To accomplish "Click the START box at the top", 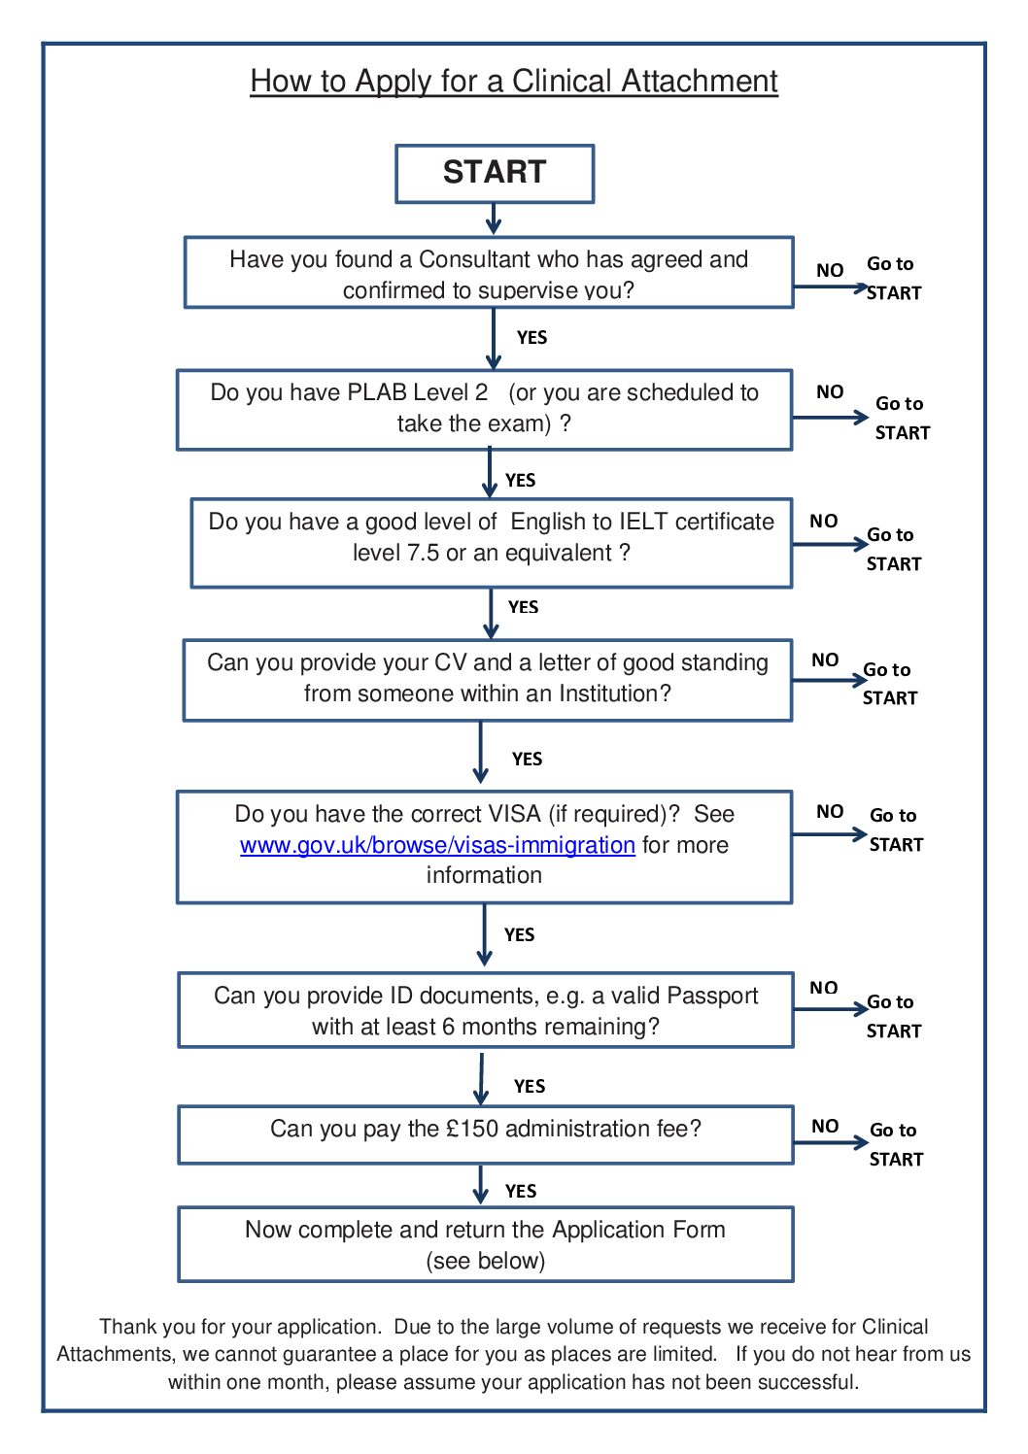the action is pyautogui.click(x=495, y=173).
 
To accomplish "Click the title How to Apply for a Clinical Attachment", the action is pyautogui.click(x=514, y=82).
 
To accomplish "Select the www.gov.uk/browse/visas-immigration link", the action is pyautogui.click(x=437, y=845).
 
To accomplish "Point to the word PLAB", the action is pyautogui.click(x=377, y=392).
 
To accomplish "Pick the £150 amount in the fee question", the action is pyautogui.click(x=472, y=1129).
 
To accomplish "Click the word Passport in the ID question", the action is pyautogui.click(x=712, y=996).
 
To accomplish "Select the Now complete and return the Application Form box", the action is pyautogui.click(x=486, y=1244).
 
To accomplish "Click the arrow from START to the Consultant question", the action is pyautogui.click(x=494, y=219).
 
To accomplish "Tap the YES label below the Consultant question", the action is pyautogui.click(x=531, y=338).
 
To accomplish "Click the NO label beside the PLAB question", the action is pyautogui.click(x=829, y=392).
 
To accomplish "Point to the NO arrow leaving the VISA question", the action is pyautogui.click(x=830, y=834).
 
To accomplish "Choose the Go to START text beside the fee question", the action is pyautogui.click(x=896, y=1144).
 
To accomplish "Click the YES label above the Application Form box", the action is pyautogui.click(x=521, y=1191).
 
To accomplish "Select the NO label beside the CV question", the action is pyautogui.click(x=825, y=660).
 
